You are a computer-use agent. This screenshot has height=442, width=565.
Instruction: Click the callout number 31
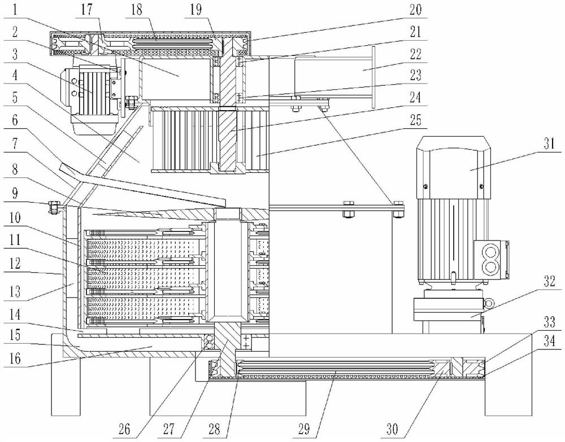click(549, 145)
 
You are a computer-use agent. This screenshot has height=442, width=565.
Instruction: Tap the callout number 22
click(415, 54)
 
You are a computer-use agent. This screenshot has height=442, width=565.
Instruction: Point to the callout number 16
click(15, 358)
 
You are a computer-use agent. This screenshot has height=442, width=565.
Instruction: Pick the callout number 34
click(549, 340)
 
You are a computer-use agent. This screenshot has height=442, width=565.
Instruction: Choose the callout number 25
click(415, 120)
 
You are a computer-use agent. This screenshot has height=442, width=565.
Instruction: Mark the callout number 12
click(15, 264)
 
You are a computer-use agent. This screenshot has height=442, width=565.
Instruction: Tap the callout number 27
click(168, 429)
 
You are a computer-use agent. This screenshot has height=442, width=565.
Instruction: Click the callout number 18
click(137, 10)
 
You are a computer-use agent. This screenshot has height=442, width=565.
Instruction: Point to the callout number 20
click(415, 10)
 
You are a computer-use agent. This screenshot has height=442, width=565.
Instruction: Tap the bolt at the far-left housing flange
click(53, 207)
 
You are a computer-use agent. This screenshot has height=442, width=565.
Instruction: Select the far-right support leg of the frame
click(508, 374)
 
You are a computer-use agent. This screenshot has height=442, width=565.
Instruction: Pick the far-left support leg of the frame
click(66, 374)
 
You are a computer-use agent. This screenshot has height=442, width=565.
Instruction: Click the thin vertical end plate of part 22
click(373, 76)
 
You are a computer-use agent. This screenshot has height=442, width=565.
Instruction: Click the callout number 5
click(15, 98)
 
